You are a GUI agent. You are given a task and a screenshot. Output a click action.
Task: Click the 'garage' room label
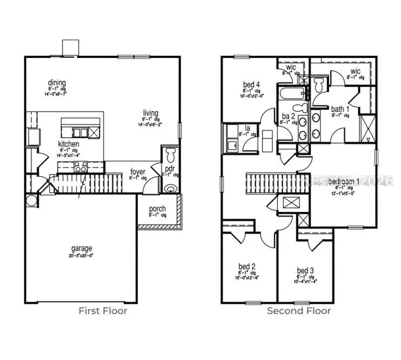click(x=81, y=249)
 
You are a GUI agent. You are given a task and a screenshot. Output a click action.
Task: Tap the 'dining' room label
click(x=56, y=83)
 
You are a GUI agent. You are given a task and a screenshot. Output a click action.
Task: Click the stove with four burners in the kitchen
click(x=81, y=168)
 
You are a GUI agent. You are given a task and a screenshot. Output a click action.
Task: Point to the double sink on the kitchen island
click(x=78, y=132)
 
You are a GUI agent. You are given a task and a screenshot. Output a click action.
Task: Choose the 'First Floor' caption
click(x=103, y=311)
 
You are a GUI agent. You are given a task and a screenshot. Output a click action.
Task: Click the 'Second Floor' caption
click(x=299, y=311)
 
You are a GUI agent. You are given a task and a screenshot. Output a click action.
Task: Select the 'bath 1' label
click(x=340, y=109)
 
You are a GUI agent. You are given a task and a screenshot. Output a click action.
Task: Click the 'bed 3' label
click(x=305, y=270)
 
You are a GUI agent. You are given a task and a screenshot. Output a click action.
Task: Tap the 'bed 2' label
click(x=247, y=266)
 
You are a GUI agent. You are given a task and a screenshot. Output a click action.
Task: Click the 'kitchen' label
click(x=69, y=144)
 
